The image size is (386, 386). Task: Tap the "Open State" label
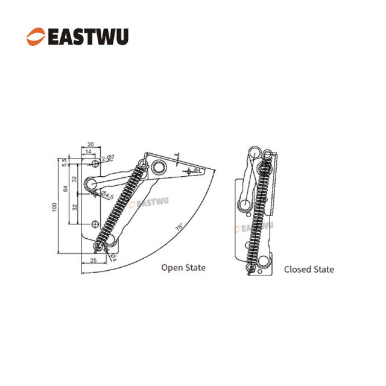(x=183, y=267)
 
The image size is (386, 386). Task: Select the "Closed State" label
(x=309, y=270)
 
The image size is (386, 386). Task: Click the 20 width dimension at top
(x=90, y=145)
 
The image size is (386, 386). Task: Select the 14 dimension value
(x=89, y=153)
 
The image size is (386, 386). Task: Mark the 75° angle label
(x=179, y=227)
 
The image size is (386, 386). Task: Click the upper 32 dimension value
(x=74, y=180)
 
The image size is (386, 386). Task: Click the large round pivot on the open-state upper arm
(x=160, y=166)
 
